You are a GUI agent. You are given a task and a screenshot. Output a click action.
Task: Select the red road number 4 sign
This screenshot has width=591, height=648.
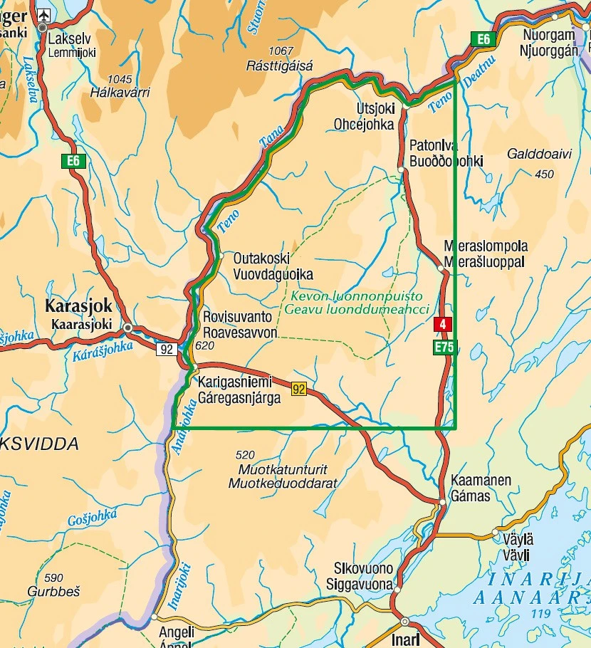click(x=443, y=325)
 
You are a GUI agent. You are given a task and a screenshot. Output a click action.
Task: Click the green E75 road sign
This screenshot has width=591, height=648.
click(x=443, y=348)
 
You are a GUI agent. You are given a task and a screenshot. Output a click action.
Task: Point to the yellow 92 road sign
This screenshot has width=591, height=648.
click(x=298, y=389)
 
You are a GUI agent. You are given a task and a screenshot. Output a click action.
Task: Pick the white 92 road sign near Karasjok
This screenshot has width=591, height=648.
click(x=167, y=349)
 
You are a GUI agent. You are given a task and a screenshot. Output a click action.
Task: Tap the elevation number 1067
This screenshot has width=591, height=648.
click(x=281, y=51)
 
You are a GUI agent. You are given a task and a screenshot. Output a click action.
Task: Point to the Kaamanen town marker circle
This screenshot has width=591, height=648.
click(x=442, y=502)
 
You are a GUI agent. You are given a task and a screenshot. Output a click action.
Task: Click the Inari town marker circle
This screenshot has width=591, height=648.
click(x=404, y=621)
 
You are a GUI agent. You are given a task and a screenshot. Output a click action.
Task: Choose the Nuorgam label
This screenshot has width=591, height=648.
click(x=548, y=35)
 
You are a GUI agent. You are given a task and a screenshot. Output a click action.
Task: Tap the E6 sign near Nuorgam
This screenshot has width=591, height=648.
click(x=483, y=40)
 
